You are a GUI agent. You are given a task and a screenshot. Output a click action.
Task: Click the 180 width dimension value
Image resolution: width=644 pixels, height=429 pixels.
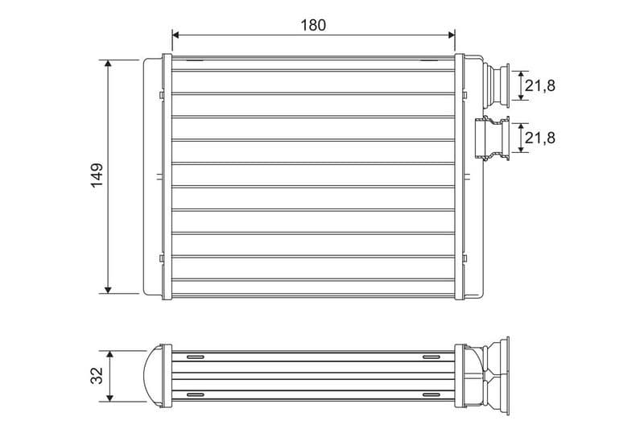313,25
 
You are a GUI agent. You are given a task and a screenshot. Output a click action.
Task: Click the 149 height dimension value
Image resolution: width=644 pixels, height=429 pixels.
97,175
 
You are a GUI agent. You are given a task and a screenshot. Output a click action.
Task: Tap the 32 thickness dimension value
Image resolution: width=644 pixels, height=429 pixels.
97,376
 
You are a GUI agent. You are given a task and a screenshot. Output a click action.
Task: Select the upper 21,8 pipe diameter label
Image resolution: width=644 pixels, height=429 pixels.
539,85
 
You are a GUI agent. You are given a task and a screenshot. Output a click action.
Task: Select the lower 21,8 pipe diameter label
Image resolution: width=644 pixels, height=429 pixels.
539,138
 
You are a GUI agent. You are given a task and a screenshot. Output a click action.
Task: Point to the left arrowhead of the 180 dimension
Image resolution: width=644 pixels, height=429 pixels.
175,35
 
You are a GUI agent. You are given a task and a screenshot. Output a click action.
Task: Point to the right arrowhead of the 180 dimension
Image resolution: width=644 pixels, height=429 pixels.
452,35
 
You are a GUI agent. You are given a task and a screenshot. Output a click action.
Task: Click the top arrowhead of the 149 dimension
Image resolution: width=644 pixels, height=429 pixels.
108,64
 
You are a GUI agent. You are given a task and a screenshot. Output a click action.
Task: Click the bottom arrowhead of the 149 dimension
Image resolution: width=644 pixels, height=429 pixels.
108,291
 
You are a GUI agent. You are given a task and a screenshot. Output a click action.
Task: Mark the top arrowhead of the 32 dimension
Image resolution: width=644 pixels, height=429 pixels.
109,354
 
